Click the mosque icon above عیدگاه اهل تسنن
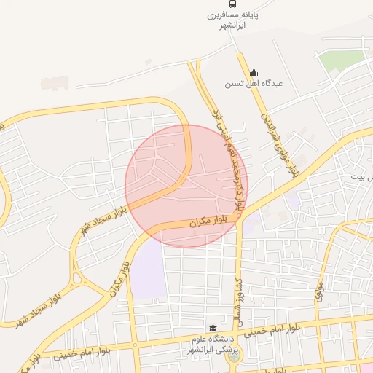(x=254, y=72)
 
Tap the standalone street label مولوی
(x=318, y=292)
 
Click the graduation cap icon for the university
(x=213, y=329)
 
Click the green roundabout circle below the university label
(x=233, y=356)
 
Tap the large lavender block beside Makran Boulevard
(x=149, y=268)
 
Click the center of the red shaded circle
(x=186, y=186)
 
